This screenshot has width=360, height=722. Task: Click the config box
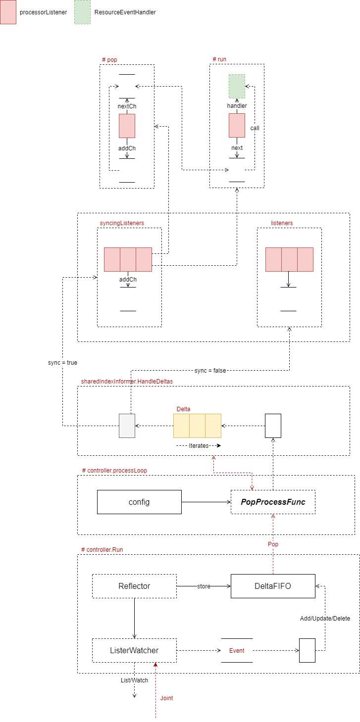click(139, 502)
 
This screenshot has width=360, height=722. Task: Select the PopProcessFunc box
click(273, 502)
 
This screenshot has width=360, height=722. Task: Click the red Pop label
click(273, 544)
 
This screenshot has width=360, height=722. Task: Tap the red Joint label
click(167, 698)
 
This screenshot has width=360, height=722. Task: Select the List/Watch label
click(134, 680)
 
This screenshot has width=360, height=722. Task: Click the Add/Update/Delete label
click(325, 619)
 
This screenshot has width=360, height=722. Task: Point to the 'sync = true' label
click(62, 363)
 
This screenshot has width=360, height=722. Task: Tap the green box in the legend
click(82, 12)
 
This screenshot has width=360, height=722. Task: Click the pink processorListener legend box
click(8, 12)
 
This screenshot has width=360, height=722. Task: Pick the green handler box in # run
click(237, 86)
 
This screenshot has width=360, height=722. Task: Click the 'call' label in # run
click(255, 128)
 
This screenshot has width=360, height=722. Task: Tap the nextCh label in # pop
click(127, 106)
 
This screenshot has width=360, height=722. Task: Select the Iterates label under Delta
click(198, 445)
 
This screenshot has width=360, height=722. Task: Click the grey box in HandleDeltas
click(127, 426)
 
